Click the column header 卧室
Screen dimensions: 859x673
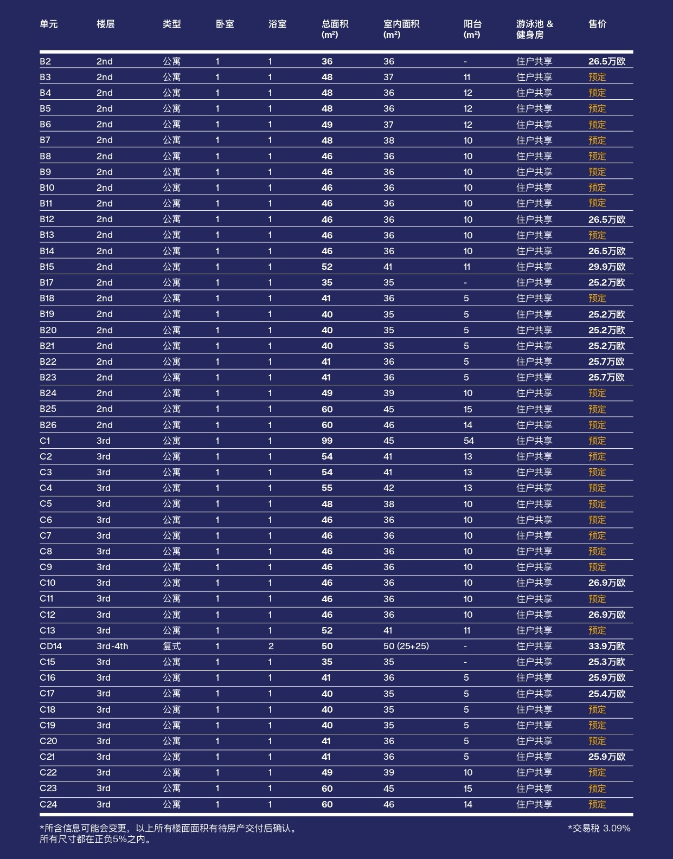(x=225, y=24)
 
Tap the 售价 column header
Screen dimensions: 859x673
(x=597, y=24)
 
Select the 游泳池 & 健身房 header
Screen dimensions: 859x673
(x=534, y=29)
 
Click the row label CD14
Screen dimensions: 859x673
(x=50, y=646)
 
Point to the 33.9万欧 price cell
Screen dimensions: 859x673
(x=606, y=646)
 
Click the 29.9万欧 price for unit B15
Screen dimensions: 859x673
(x=606, y=267)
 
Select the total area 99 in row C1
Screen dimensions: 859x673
(x=327, y=441)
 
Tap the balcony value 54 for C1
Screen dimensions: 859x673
(x=469, y=441)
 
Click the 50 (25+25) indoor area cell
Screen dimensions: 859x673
(x=406, y=646)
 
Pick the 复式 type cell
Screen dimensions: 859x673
(x=171, y=646)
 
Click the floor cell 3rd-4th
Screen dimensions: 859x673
(x=112, y=646)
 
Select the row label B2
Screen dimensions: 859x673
(x=45, y=61)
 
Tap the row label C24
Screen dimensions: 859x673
(x=48, y=804)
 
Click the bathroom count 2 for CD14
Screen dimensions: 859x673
(x=271, y=646)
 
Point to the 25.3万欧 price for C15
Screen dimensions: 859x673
(x=606, y=662)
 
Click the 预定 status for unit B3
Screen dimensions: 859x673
(x=597, y=77)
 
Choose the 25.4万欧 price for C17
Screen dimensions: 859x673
(x=606, y=693)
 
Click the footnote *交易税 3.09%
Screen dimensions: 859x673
(x=599, y=828)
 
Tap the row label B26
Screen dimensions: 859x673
(x=48, y=425)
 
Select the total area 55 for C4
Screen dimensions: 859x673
(x=327, y=488)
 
